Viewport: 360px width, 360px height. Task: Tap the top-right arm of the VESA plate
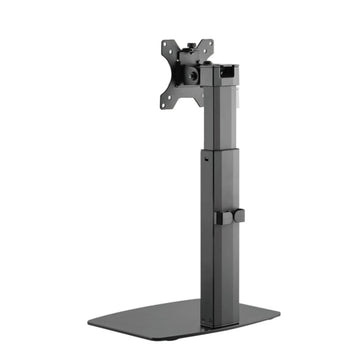click(x=207, y=45)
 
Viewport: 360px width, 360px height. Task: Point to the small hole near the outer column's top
click(x=207, y=157)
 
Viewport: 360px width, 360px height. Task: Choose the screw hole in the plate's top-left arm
click(x=166, y=47)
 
